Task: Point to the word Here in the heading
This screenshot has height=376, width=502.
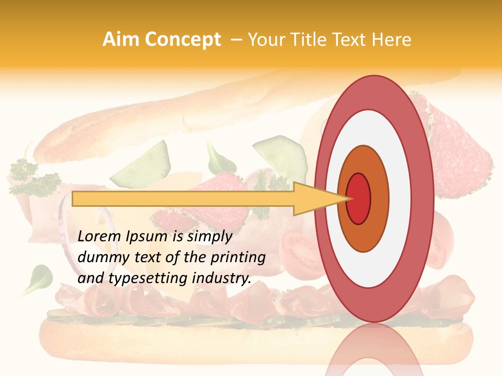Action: pyautogui.click(x=393, y=39)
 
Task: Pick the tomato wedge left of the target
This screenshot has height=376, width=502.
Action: pyautogui.click(x=298, y=251)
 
